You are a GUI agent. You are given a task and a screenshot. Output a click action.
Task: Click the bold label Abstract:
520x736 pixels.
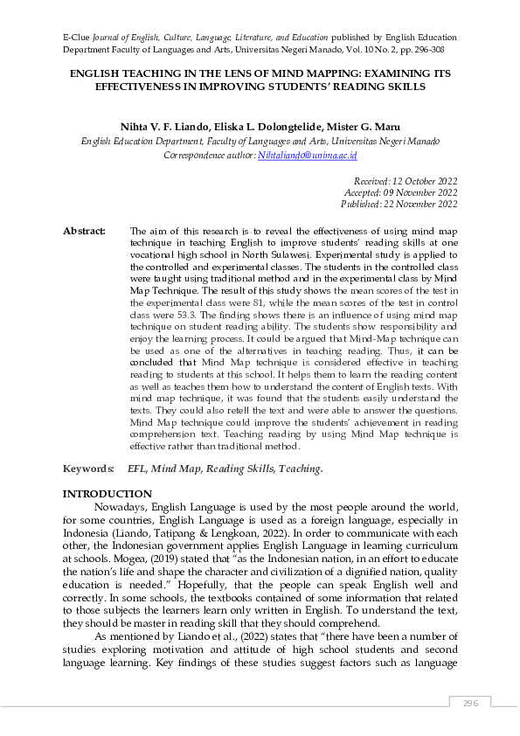84,231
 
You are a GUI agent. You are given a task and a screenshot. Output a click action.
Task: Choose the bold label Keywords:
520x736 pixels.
88,469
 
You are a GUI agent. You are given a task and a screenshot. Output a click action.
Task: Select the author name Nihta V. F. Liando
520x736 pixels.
169,128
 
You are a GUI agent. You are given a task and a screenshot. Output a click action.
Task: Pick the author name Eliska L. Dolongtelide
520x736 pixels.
275,128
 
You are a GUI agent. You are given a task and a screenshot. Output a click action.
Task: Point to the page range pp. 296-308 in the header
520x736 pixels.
428,51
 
